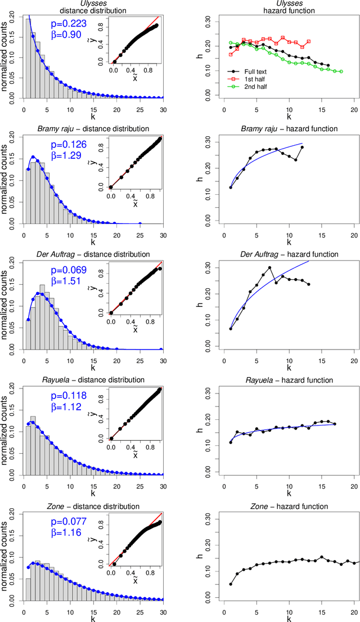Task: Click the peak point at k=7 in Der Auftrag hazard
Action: [x=270, y=268]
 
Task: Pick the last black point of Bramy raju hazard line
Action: [x=302, y=147]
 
